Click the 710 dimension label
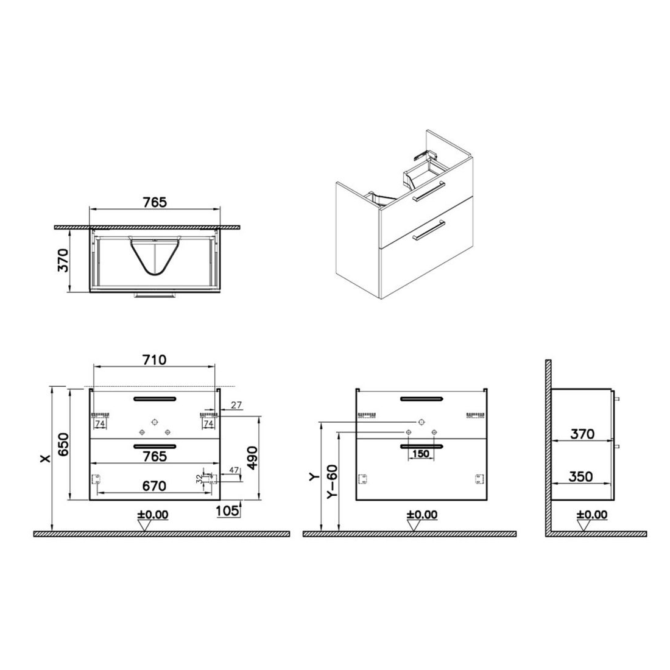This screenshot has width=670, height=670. click(154, 360)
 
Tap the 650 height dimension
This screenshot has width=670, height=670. click(63, 444)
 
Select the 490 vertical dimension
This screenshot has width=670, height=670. click(253, 457)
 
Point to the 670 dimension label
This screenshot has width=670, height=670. click(154, 486)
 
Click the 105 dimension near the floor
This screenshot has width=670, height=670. click(227, 510)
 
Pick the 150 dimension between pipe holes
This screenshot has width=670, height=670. click(421, 453)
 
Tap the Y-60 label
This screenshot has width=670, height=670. click(332, 481)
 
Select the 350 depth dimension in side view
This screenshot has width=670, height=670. click(581, 476)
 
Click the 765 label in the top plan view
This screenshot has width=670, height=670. click(154, 202)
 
